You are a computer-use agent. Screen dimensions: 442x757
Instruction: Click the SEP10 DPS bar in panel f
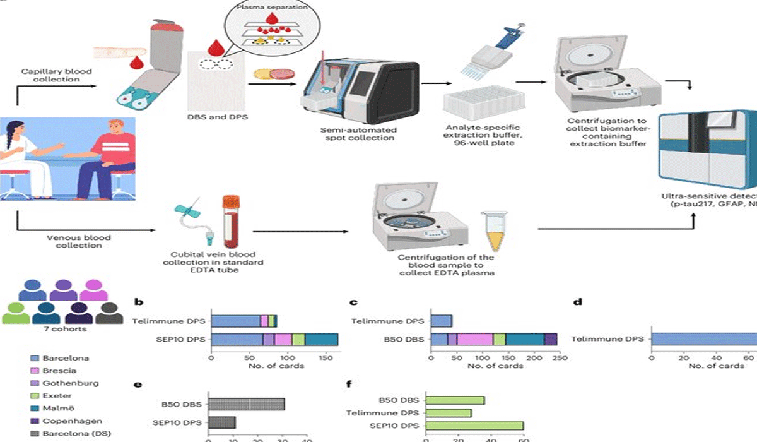click(x=475, y=426)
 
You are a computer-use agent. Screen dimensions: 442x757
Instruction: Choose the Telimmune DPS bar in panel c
click(x=441, y=321)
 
